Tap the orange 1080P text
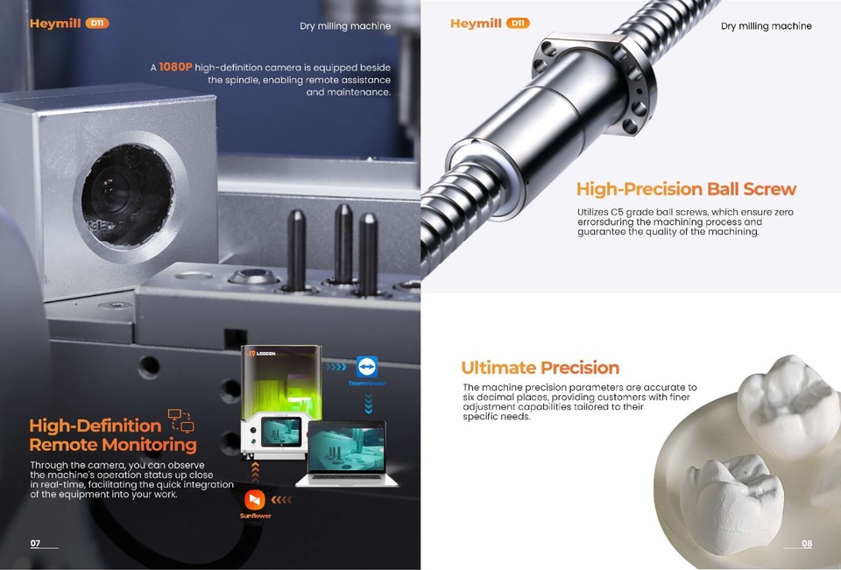tap(175, 67)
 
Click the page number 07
tap(35, 544)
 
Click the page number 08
tap(807, 544)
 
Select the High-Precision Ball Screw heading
tap(686, 189)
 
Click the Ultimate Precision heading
tap(540, 368)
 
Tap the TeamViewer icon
tap(368, 366)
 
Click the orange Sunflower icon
tap(256, 499)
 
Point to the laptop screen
tap(347, 449)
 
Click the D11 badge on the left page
tap(98, 24)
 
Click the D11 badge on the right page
tap(519, 24)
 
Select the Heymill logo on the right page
tap(476, 24)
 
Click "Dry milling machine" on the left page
tap(345, 26)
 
